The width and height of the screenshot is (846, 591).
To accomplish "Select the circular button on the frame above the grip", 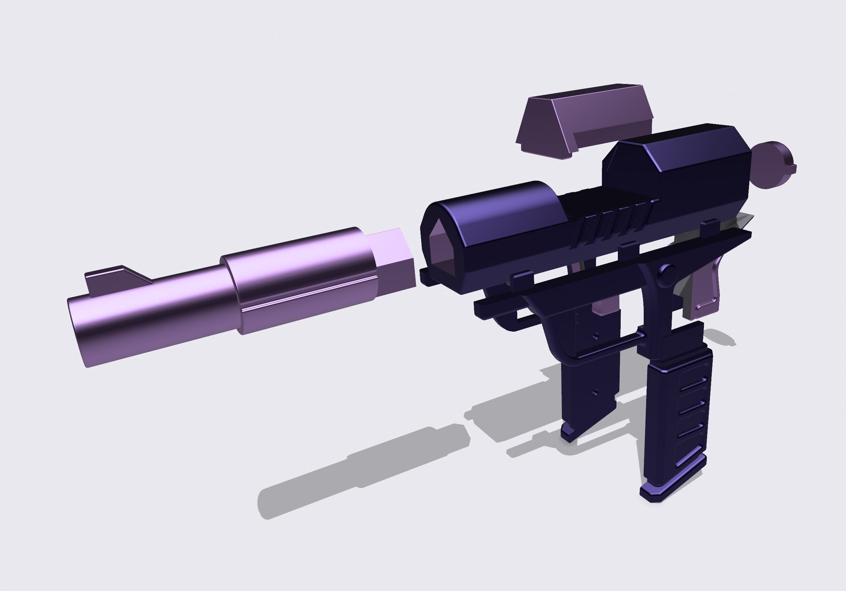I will (667, 274).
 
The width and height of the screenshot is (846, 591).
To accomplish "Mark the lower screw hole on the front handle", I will (595, 393).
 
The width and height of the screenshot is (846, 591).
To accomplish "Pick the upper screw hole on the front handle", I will (596, 336).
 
